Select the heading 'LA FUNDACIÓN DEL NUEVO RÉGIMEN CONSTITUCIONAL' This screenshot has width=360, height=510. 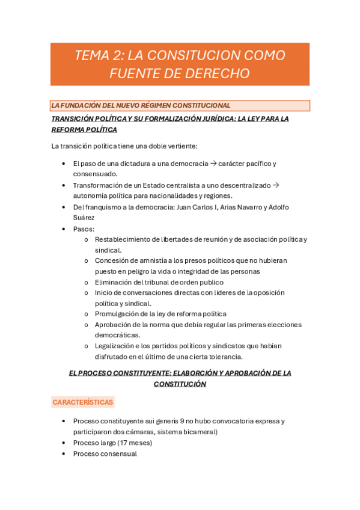pos(141,106)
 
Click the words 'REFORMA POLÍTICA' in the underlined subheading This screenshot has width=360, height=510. pos(84,129)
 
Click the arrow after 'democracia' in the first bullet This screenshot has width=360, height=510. pos(212,164)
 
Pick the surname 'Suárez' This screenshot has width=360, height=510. pos(84,218)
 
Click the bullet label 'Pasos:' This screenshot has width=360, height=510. pos(84,229)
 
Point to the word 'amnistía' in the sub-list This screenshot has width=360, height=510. pos(150,260)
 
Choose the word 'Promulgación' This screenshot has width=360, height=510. pos(118,314)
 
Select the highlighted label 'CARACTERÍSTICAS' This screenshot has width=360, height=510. pos(83,402)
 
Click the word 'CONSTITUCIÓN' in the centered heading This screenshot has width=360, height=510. pos(180,384)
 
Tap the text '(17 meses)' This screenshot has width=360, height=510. pos(133,443)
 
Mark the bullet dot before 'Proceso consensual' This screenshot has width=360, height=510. pos(64,454)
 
